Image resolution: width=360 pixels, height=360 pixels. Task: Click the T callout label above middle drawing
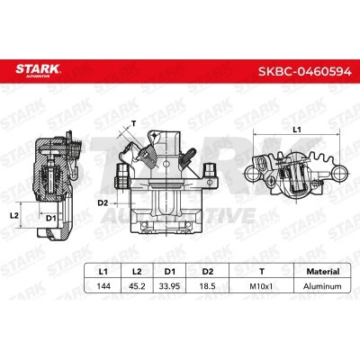point(133,122)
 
